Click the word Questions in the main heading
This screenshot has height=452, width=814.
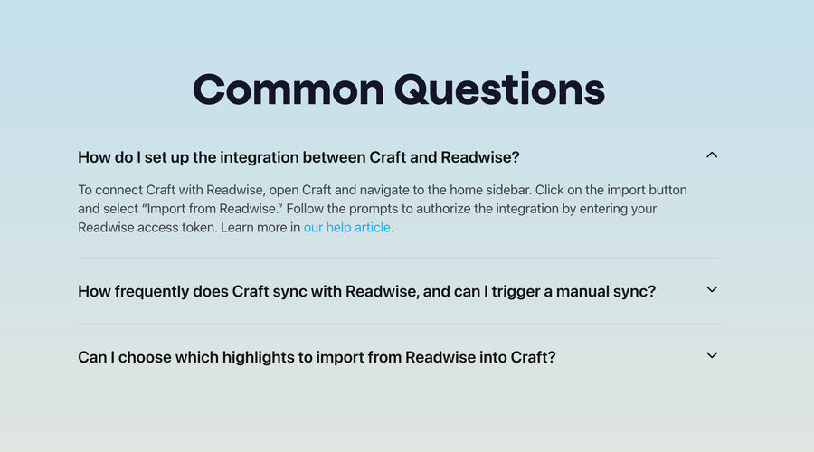(x=500, y=90)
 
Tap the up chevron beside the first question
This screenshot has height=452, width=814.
(x=712, y=155)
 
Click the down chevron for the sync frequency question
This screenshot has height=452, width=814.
(x=712, y=290)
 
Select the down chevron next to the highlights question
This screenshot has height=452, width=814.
(x=712, y=355)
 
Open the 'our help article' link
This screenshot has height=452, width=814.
(x=347, y=228)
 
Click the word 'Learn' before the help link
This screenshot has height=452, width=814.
(x=264, y=228)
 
